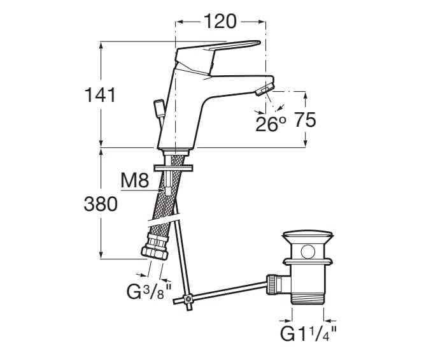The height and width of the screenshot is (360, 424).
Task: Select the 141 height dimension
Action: [101, 96]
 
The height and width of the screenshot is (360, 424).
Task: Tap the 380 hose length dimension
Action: [101, 204]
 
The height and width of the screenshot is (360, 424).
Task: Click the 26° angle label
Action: [271, 123]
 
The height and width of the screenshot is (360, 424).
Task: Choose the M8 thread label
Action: [134, 182]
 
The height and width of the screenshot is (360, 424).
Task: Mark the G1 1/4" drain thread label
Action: [309, 333]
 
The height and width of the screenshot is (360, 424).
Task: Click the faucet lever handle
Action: [223, 48]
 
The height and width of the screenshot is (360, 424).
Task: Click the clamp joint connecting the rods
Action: [188, 298]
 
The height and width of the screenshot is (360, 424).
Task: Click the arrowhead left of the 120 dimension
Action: [180, 21]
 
